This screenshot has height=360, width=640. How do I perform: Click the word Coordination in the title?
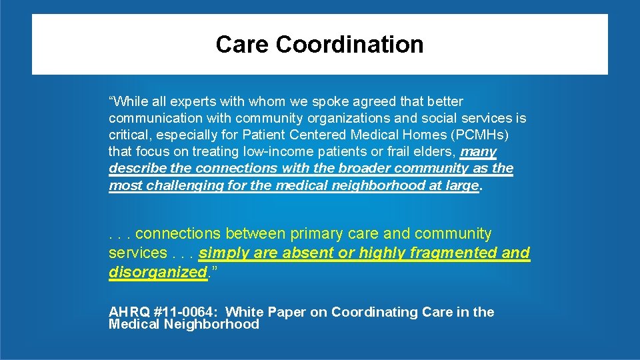(x=349, y=45)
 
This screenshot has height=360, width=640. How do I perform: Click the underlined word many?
(x=478, y=152)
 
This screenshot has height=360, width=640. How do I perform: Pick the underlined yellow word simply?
(x=221, y=253)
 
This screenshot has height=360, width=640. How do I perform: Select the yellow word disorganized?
(x=157, y=272)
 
